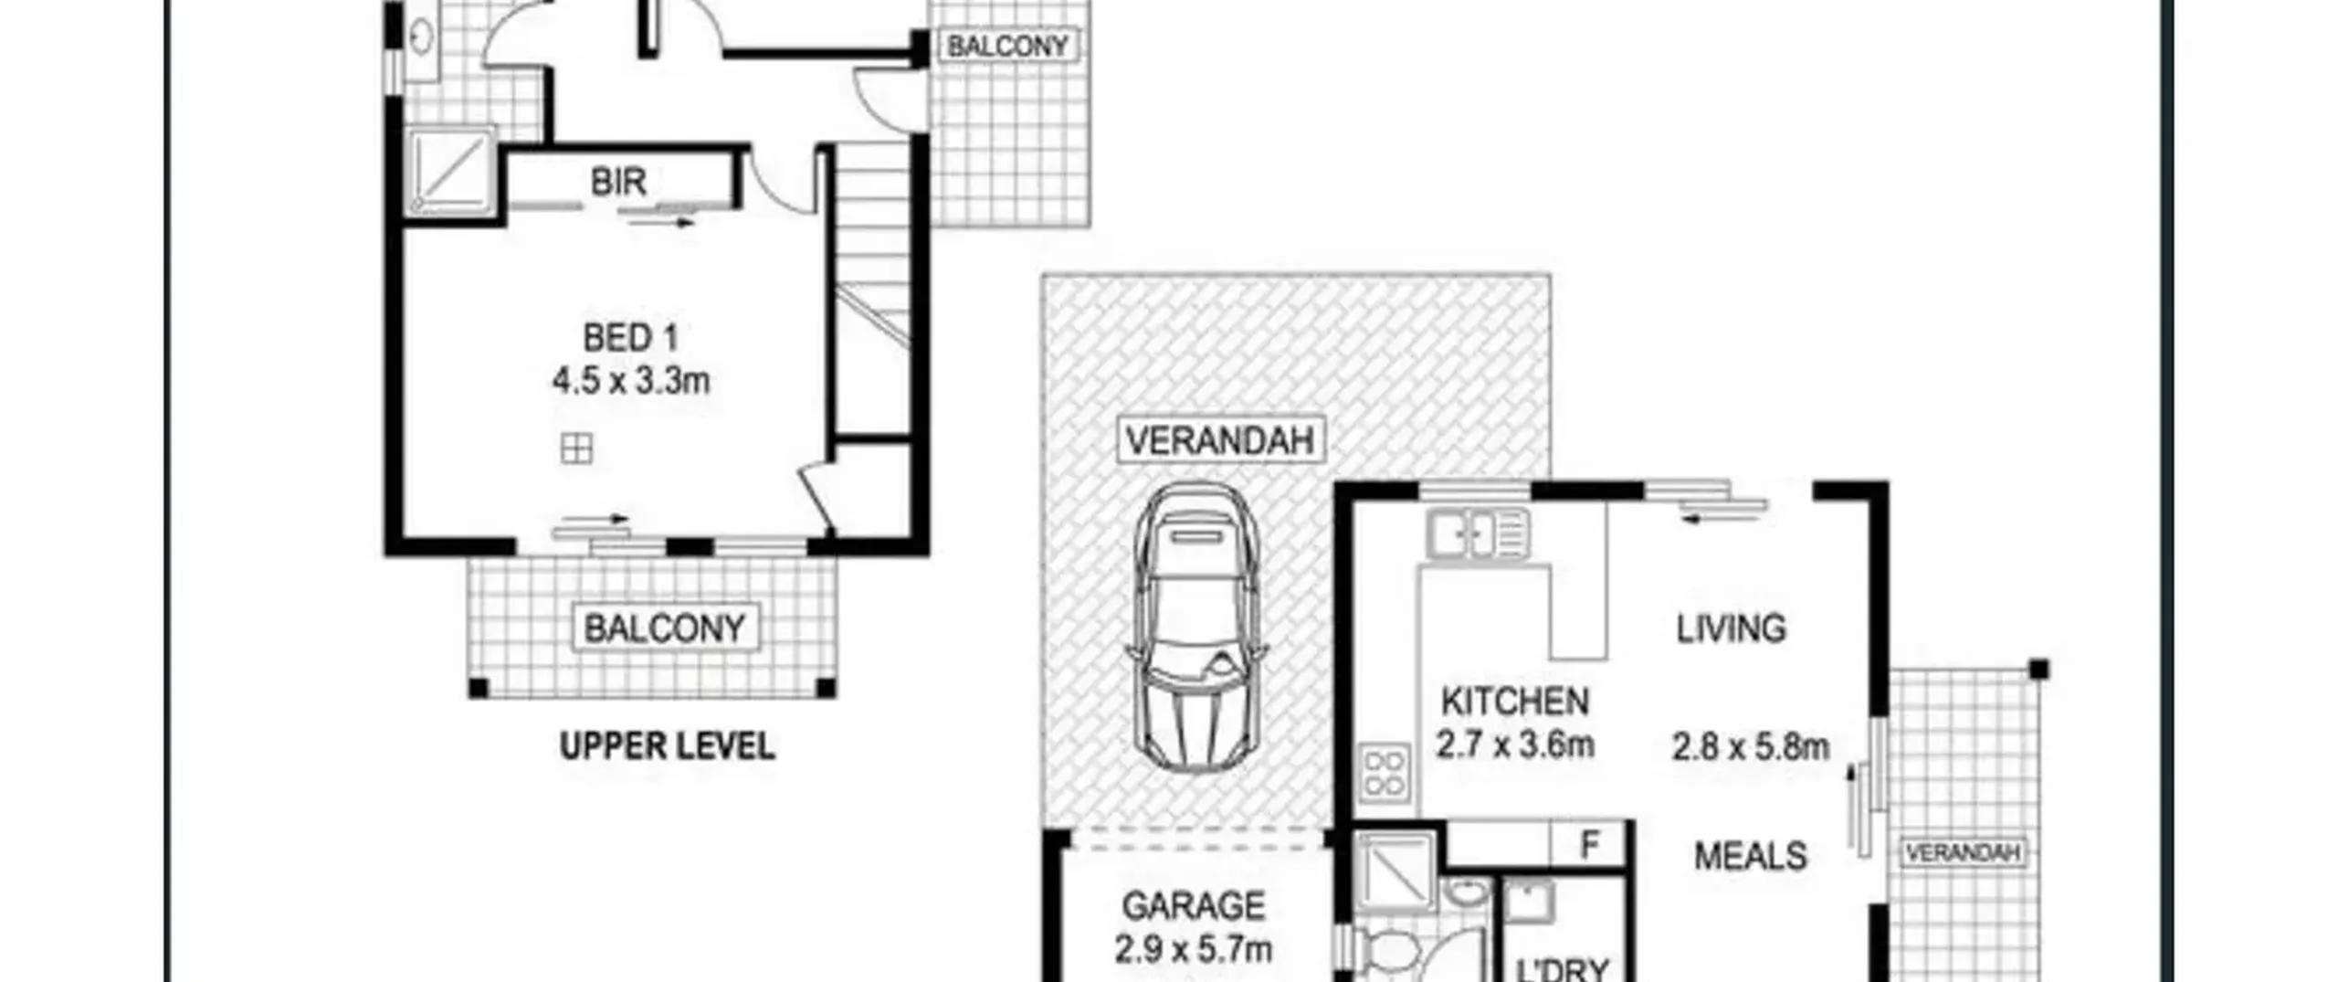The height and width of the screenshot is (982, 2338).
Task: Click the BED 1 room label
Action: (x=631, y=339)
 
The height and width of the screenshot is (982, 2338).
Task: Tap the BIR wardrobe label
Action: (x=618, y=182)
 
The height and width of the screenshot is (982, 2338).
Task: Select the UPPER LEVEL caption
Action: (x=668, y=746)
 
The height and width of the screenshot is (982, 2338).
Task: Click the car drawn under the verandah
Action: (x=1196, y=628)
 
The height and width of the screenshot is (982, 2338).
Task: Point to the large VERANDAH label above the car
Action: (x=1221, y=440)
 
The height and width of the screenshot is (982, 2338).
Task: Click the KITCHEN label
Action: (x=1515, y=702)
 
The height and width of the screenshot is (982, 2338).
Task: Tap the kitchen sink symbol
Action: (x=1478, y=534)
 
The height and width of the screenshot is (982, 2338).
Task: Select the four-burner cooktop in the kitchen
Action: (x=1384, y=774)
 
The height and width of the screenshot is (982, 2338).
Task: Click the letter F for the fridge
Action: (x=1590, y=845)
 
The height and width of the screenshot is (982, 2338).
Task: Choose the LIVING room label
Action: (x=1731, y=628)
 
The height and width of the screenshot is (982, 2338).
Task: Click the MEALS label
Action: (x=1750, y=856)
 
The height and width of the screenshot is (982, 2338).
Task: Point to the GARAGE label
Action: (x=1193, y=906)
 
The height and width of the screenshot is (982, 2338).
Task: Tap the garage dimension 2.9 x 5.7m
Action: (x=1193, y=949)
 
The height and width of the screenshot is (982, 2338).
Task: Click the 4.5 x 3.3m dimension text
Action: (x=631, y=380)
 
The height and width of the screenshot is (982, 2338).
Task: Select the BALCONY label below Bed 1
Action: (x=665, y=628)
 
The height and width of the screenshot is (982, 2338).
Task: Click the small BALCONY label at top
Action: (x=1007, y=46)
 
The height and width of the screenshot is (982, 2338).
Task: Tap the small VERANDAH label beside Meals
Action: (x=1962, y=853)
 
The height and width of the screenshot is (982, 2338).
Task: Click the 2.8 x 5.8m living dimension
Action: (x=1750, y=747)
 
